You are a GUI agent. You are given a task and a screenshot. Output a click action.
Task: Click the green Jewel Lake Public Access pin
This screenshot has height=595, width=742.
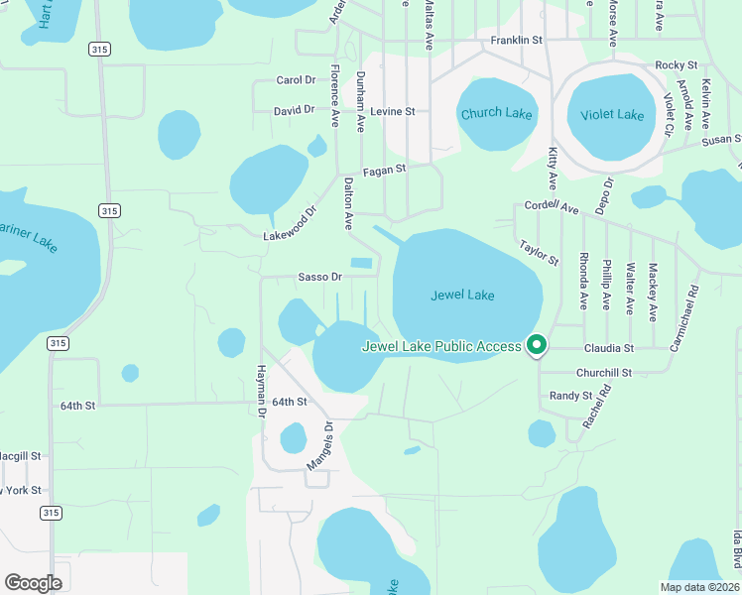click(537, 345)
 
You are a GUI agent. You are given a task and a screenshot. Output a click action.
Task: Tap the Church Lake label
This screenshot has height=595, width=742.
click(496, 114)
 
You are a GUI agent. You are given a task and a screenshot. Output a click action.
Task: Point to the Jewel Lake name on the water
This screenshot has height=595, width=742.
click(462, 295)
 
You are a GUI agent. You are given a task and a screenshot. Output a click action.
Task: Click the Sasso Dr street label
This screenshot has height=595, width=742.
click(320, 278)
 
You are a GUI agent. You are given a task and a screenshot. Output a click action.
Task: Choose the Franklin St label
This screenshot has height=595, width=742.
click(517, 40)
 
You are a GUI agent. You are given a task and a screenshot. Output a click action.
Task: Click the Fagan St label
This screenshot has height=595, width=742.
click(385, 170)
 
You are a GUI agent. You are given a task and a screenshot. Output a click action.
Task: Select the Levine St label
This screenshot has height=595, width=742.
click(392, 112)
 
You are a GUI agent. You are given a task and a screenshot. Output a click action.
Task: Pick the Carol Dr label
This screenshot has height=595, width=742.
click(296, 80)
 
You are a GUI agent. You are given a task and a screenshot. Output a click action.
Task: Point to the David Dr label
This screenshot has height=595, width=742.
click(295, 110)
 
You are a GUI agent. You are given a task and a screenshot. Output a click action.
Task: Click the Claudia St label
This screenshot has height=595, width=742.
click(608, 348)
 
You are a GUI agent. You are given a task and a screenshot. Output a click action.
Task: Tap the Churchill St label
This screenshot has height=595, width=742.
click(605, 373)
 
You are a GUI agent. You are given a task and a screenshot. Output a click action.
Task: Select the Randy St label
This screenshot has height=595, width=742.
click(570, 396)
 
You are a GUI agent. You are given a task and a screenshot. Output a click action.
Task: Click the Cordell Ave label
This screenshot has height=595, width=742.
click(551, 208)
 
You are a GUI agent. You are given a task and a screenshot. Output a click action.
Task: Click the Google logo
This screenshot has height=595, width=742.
click(33, 582)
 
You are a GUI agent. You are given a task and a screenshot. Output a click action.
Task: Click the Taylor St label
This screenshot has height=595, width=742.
click(539, 253)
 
